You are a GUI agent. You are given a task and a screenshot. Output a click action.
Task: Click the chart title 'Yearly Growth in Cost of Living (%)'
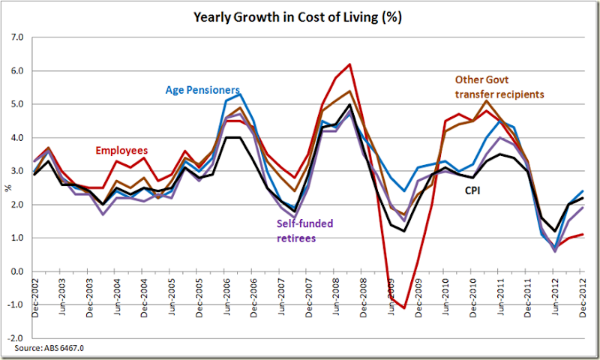pos(300,16)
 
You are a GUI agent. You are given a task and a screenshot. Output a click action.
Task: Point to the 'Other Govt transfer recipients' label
pos(499,85)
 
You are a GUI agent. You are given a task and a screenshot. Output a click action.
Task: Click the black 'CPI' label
pos(472,190)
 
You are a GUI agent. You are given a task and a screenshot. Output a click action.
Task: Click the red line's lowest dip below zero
pos(403,307)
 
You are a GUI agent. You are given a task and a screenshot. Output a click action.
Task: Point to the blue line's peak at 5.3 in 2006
pos(240,94)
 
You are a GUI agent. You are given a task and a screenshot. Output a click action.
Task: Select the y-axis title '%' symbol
pos(8,187)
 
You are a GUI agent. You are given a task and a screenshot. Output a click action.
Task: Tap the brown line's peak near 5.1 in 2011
pos(486,101)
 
